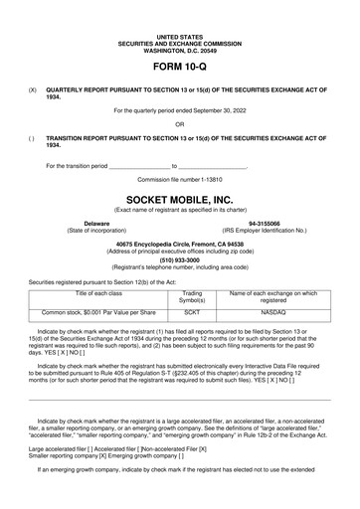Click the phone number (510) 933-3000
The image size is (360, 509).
point(179,261)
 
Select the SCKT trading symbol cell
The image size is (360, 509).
point(192,311)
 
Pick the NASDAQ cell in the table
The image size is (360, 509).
point(272,311)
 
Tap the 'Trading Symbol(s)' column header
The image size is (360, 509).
point(192,297)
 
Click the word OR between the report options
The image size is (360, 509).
point(179,123)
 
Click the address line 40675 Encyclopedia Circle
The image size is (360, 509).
point(179,244)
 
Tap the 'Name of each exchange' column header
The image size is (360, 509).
point(272,297)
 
